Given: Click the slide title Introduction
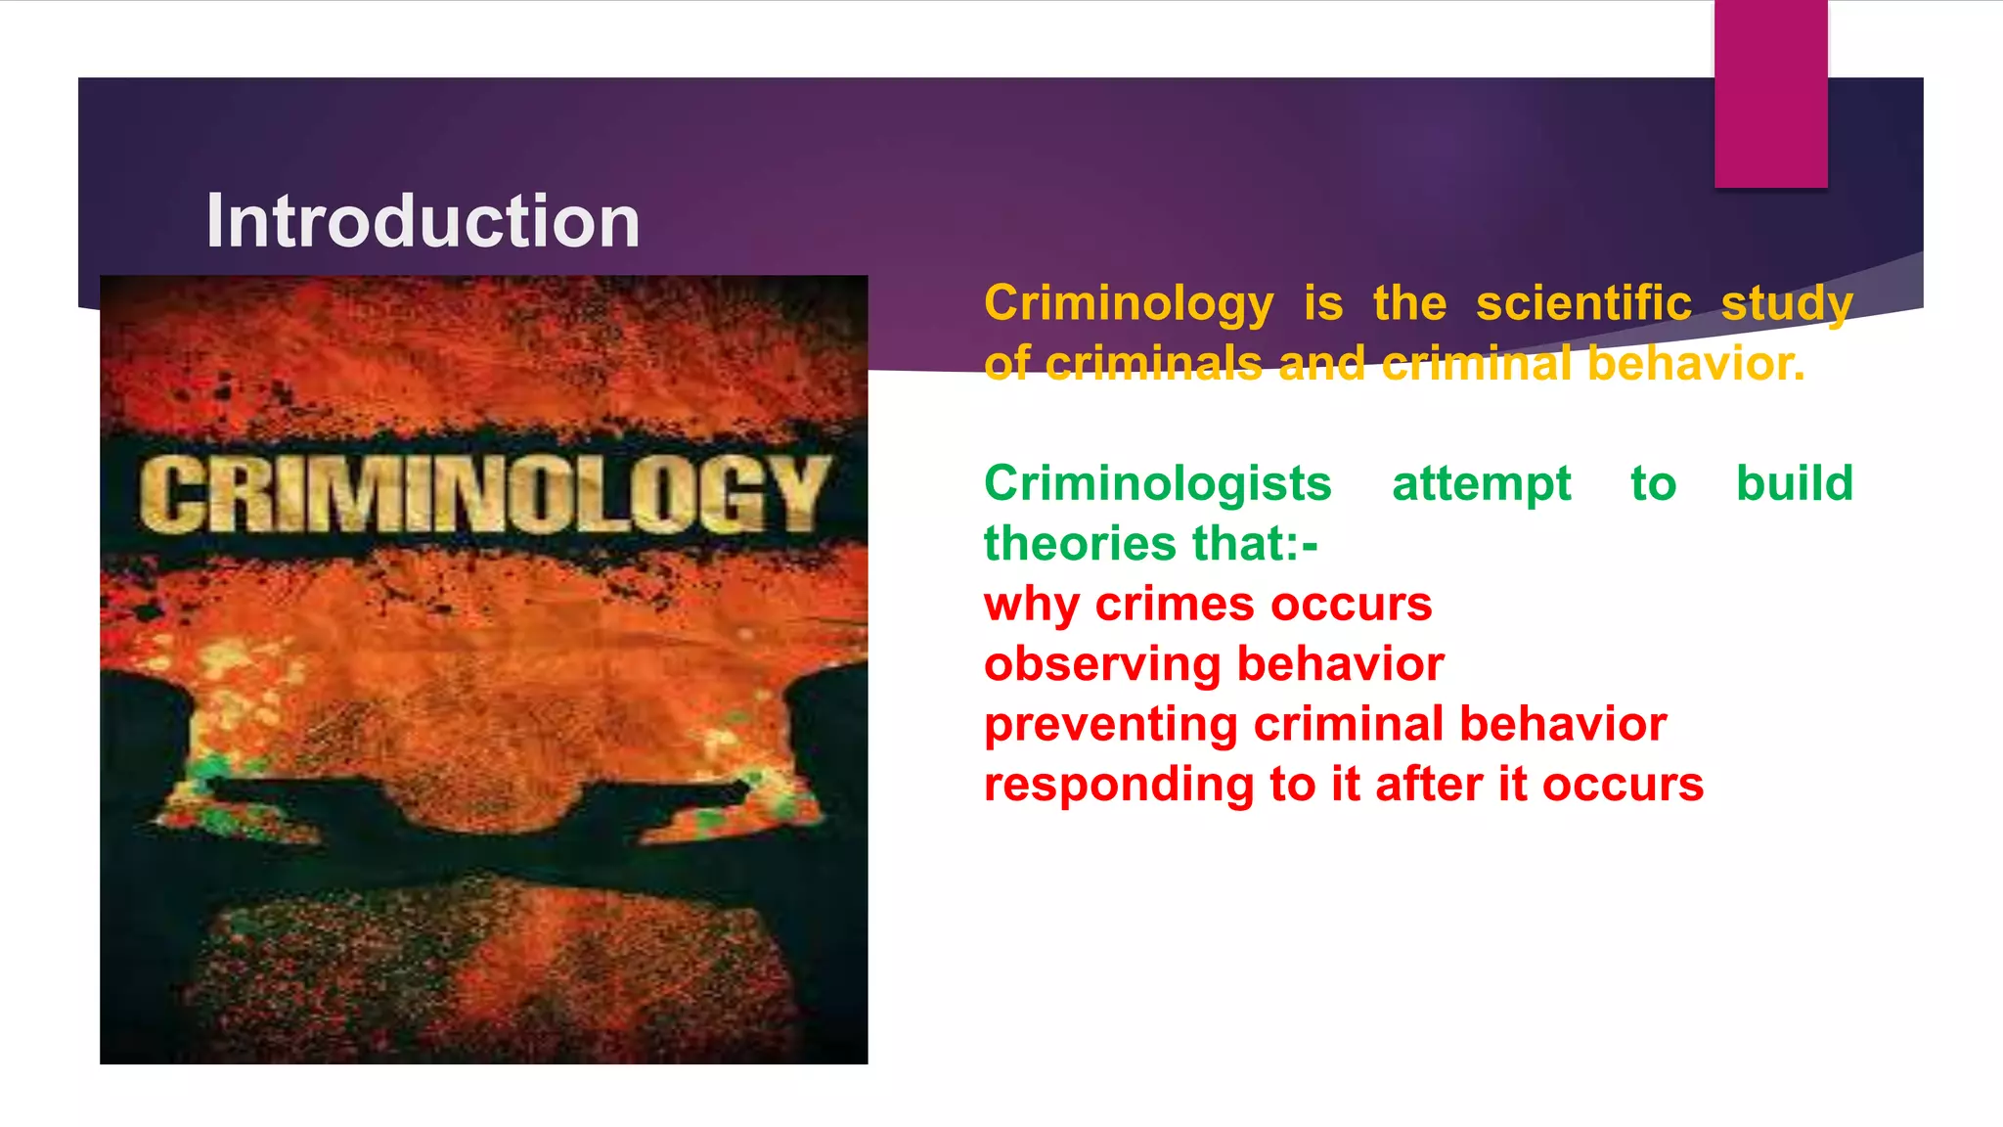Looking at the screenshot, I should (x=423, y=221).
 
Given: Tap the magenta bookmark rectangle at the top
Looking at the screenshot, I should (x=1770, y=94).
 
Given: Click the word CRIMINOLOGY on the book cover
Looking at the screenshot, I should (x=484, y=494).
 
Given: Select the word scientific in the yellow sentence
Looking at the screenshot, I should (x=1583, y=303).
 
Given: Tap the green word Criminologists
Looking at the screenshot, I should (x=1158, y=484).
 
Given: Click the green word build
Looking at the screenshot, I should (x=1794, y=483).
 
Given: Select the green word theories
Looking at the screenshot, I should (x=1067, y=544).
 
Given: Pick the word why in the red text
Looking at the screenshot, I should (x=1031, y=606).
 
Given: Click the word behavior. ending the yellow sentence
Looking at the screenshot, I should (x=1696, y=364).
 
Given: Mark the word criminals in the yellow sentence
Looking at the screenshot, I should (x=1153, y=364).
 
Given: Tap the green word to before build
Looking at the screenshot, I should (x=1653, y=484).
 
